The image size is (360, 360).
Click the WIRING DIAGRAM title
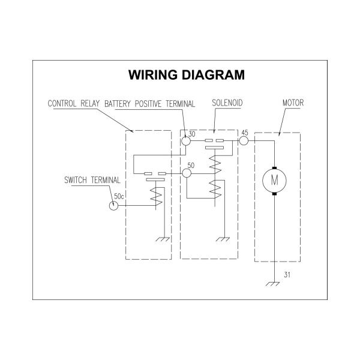tap(187, 75)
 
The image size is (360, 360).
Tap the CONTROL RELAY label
tap(74, 104)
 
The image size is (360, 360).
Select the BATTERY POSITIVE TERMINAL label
tap(149, 104)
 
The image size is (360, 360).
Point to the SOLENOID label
tap(227, 103)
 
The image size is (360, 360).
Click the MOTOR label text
tap(293, 103)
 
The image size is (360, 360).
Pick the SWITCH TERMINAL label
tap(92, 180)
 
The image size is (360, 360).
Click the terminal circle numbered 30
tap(186, 141)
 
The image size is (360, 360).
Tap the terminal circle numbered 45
tap(244, 140)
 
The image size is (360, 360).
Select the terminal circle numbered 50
tap(187, 173)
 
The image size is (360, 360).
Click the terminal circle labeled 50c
tap(113, 205)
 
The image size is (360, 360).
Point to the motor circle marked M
tap(274, 181)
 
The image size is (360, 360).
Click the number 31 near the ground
tap(287, 275)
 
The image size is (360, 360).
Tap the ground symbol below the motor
tap(272, 284)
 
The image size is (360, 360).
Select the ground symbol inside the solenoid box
tap(223, 239)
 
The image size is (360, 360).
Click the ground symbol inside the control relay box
tap(163, 239)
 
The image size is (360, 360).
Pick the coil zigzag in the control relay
tap(156, 196)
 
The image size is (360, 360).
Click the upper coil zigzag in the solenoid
tap(215, 164)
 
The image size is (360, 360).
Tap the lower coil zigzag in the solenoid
tap(215, 189)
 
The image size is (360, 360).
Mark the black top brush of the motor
tap(274, 168)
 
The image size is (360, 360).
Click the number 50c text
tap(119, 197)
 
